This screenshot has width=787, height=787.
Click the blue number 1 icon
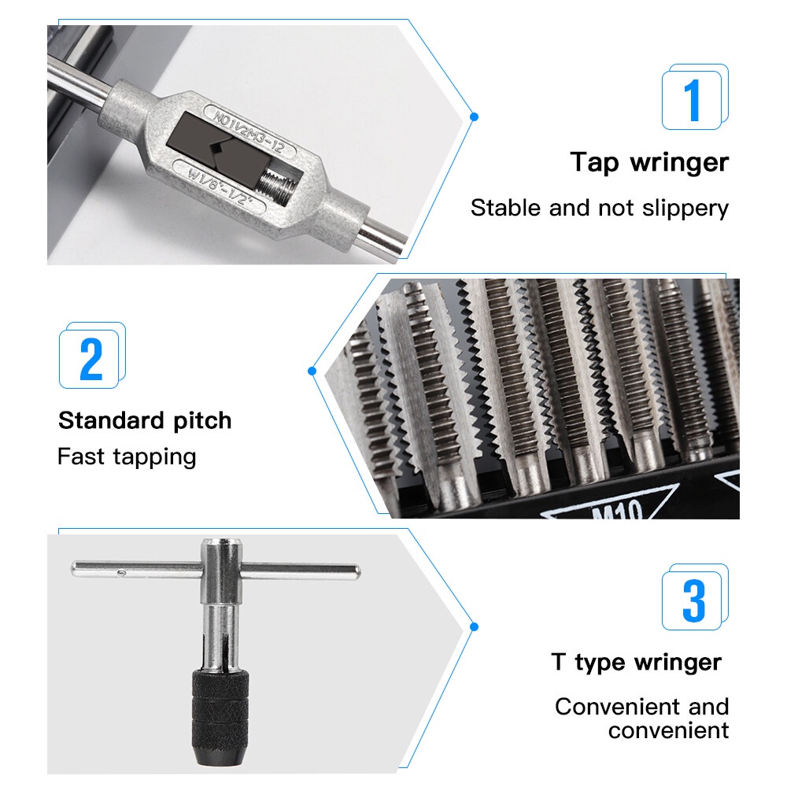click(x=695, y=97)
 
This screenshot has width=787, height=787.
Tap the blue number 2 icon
click(x=92, y=356)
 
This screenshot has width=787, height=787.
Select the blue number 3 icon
click(x=695, y=597)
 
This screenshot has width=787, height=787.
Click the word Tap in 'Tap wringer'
click(x=594, y=163)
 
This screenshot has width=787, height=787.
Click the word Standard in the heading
click(x=111, y=420)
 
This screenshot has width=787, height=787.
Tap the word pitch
click(x=202, y=421)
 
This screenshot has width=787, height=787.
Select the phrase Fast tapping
click(x=127, y=457)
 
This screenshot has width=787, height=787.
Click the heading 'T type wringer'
click(x=636, y=663)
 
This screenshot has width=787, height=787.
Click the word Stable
click(x=505, y=208)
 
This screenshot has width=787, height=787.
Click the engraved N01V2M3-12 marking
click(x=249, y=131)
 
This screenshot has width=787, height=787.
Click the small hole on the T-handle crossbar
click(x=121, y=571)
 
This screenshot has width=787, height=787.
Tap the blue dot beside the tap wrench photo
click(x=474, y=117)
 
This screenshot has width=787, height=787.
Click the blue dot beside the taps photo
click(x=312, y=371)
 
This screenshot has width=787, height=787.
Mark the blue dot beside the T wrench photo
click(x=474, y=627)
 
